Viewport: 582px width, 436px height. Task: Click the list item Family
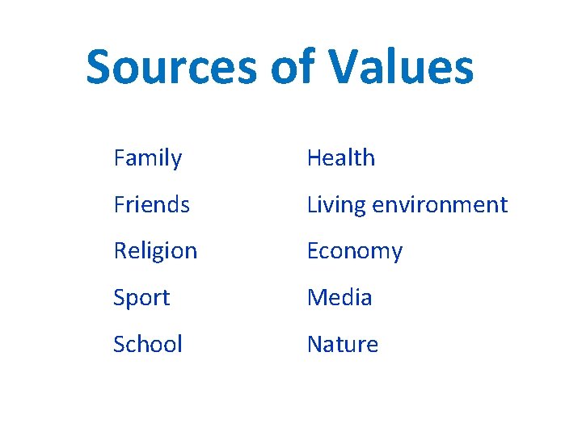coord(148,158)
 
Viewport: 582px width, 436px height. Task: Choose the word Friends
coord(152,205)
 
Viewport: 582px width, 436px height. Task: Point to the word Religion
coord(155,251)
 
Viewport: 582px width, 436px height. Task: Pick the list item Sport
coord(141,298)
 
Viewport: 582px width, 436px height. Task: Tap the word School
coord(148,344)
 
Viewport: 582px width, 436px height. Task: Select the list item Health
coord(341,158)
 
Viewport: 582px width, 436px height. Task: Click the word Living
coord(336,205)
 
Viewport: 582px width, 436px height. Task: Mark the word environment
coord(440,205)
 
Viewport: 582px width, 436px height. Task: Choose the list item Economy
coord(355,251)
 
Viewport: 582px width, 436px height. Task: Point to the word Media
coord(339,298)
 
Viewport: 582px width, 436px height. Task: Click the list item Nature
coord(343,344)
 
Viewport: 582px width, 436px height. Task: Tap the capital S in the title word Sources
coord(100,67)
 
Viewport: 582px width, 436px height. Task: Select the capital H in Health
coord(314,158)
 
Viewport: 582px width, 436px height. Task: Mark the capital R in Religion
coord(120,251)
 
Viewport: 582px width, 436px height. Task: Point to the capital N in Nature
coord(315,344)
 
